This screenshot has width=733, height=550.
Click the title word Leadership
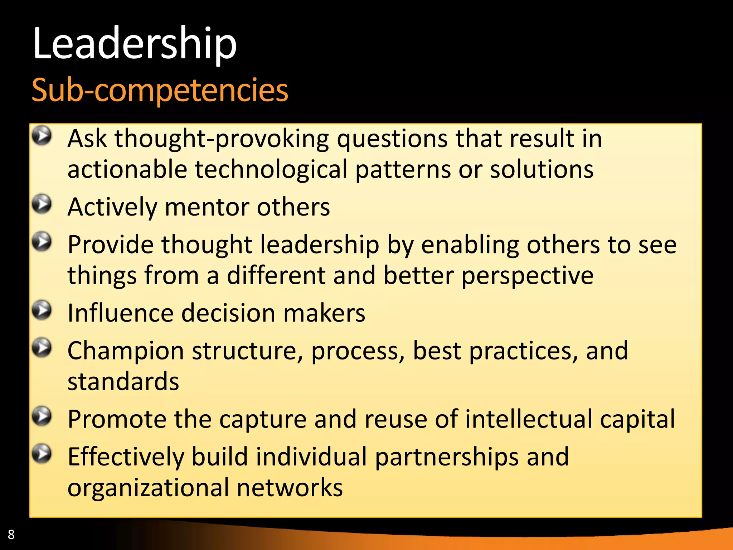(134, 44)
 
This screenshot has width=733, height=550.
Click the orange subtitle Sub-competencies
(160, 90)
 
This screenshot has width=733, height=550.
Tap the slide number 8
(11, 534)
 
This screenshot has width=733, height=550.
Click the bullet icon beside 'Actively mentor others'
(42, 204)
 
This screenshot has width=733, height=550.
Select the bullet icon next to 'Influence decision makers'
(42, 310)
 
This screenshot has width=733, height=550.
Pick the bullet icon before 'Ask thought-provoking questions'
(42, 136)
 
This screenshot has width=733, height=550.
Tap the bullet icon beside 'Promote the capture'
(42, 416)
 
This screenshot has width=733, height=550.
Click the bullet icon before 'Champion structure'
(42, 348)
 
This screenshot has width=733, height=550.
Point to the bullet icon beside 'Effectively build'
(42, 454)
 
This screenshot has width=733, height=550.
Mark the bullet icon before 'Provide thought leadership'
(42, 242)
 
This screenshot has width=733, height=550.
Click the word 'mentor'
(207, 207)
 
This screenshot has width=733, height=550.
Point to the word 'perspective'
(527, 276)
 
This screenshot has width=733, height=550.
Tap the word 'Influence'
(120, 313)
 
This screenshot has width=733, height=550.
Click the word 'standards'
(123, 382)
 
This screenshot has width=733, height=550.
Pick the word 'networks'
(290, 488)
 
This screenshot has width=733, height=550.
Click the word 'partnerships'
(447, 457)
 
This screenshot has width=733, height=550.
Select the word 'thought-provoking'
(222, 139)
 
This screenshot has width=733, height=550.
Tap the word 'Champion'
(126, 351)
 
